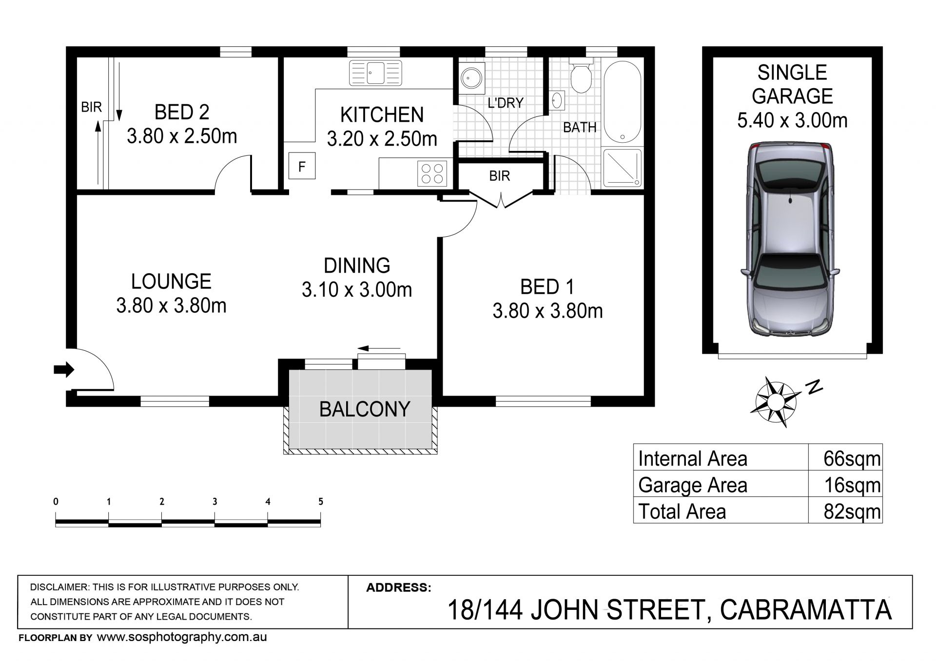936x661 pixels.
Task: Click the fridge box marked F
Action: (302, 166)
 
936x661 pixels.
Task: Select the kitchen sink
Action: (375, 73)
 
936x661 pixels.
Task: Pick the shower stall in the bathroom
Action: (623, 168)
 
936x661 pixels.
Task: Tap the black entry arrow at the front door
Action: (63, 370)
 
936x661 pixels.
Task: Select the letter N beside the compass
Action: (814, 387)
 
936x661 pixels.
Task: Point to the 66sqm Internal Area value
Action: (852, 458)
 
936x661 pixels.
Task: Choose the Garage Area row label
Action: (692, 485)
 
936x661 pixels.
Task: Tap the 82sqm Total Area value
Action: (852, 511)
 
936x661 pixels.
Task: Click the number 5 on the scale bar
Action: (320, 501)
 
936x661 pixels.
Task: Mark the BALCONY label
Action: (365, 409)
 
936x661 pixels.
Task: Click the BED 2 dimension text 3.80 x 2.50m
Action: (182, 136)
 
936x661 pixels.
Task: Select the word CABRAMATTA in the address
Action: (806, 610)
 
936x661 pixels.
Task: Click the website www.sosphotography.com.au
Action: (182, 637)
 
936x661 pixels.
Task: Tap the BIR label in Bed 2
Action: (91, 107)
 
